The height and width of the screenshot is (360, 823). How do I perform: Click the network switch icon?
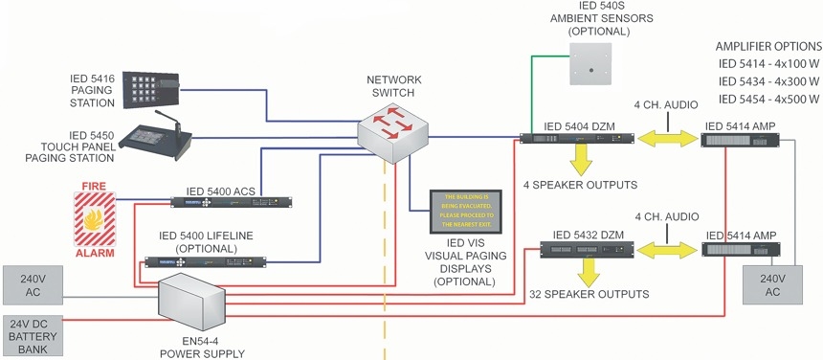coord(392,132)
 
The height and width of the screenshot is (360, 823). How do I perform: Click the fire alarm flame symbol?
coord(95,219)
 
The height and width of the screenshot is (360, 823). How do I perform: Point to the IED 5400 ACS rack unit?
coord(231,202)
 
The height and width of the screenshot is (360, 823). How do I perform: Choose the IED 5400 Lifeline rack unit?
coord(205,262)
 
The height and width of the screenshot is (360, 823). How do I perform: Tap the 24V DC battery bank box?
coord(33,335)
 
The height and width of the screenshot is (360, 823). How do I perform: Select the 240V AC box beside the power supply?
coord(33,285)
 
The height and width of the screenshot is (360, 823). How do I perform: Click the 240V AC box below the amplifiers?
coord(772,284)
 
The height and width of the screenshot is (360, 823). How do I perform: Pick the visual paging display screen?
coord(465,212)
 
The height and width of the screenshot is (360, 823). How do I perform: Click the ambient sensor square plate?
coord(591,63)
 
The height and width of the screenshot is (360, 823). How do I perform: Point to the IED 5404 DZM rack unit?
coord(577,139)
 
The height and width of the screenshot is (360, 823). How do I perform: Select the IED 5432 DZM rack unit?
coord(587,250)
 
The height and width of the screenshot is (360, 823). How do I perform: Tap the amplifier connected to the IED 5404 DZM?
coord(740,140)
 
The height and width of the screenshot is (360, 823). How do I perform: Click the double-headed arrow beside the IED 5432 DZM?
coord(667,250)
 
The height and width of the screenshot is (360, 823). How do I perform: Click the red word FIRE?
coord(95,186)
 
